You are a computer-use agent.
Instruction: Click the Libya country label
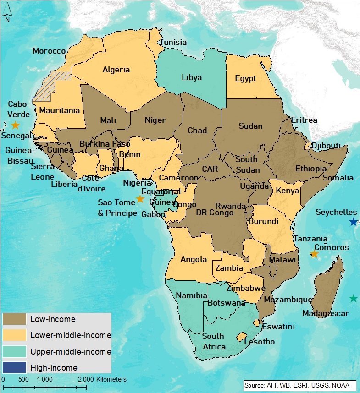pos(191,77)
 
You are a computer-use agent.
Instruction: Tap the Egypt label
pos(245,78)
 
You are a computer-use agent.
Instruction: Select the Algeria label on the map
pos(116,70)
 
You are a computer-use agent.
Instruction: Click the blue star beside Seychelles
pos(353,222)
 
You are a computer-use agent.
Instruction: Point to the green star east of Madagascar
pos(353,298)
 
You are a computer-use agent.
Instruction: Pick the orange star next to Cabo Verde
pos(15,125)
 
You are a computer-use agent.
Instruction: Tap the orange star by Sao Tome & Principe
pos(140,199)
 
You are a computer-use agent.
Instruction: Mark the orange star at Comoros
pos(314,254)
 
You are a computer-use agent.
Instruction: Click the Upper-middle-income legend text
pos(71,351)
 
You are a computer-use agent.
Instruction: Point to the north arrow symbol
pos(7,16)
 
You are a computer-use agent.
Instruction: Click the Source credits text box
pos(299,385)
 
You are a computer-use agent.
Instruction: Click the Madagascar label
pos(326,314)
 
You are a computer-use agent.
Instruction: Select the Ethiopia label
pos(311,169)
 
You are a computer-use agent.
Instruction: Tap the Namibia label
pos(192,295)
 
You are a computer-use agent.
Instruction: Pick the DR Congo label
pos(215,213)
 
